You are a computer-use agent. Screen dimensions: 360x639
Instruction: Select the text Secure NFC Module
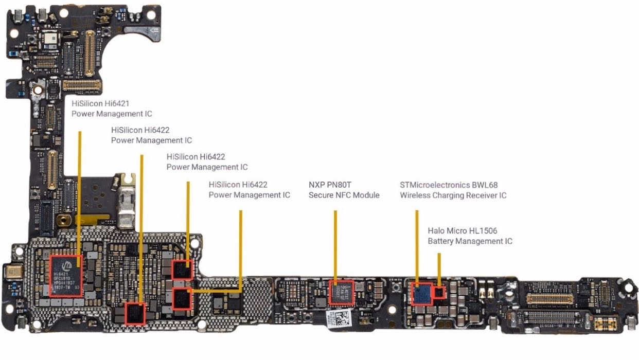click(x=344, y=195)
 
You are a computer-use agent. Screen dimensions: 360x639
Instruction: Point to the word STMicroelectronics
click(x=435, y=185)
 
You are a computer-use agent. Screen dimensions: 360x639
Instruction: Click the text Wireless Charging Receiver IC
click(x=453, y=195)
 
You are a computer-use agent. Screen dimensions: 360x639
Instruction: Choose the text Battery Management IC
click(x=470, y=241)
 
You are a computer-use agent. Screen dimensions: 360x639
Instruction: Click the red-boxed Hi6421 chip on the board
click(x=65, y=276)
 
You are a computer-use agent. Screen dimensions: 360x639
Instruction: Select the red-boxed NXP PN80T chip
click(x=341, y=292)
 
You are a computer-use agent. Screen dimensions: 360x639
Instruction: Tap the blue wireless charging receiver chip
click(x=422, y=294)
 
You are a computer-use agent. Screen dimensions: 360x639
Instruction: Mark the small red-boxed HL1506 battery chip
click(x=439, y=293)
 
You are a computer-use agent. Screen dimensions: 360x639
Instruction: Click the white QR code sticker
click(x=344, y=317)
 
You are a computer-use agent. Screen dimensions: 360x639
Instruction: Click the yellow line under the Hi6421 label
click(x=80, y=195)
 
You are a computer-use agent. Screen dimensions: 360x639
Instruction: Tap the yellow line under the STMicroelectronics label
click(x=416, y=244)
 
